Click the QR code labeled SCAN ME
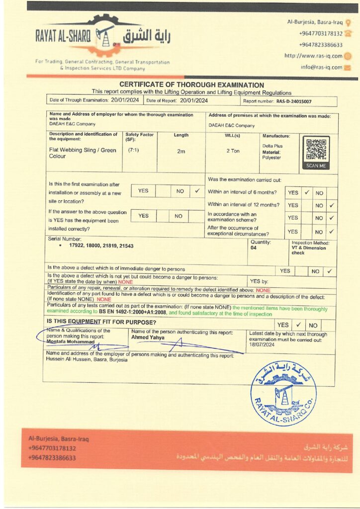pyautogui.click(x=316, y=150)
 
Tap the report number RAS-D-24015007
pyautogui.click(x=294, y=101)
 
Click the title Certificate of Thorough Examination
pyautogui.click(x=191, y=85)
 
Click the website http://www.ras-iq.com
pyautogui.click(x=313, y=56)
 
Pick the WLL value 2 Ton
pyautogui.click(x=233, y=151)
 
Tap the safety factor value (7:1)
pyautogui.click(x=133, y=150)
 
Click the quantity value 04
pyautogui.click(x=254, y=248)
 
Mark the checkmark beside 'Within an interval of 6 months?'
pyautogui.click(x=307, y=192)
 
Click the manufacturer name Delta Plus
pyautogui.click(x=271, y=146)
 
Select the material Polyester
pyautogui.click(x=271, y=158)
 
